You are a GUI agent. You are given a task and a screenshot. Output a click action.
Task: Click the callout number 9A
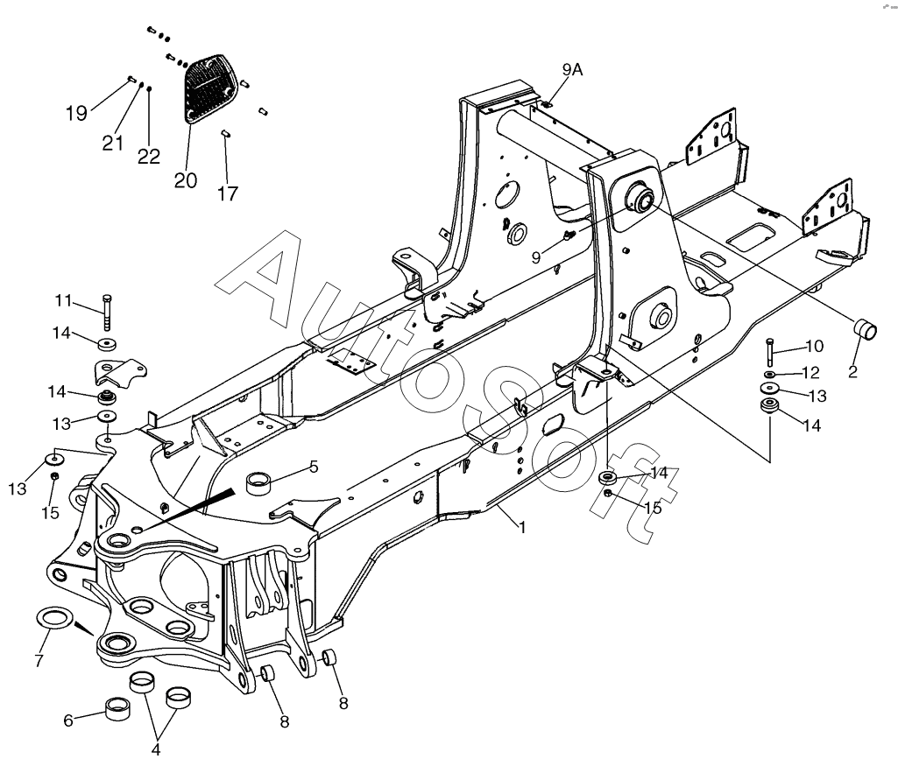pos(572,70)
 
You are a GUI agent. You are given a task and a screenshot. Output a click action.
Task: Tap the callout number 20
pos(186,180)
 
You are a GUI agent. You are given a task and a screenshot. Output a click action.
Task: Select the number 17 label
pos(228,194)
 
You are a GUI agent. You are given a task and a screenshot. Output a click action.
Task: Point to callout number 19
pos(77,113)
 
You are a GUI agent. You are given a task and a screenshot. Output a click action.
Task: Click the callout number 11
pos(63,300)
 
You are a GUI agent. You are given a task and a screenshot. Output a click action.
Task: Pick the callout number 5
pos(314,467)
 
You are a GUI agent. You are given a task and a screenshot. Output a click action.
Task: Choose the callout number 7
pos(39,661)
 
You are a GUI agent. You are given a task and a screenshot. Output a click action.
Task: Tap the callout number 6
pos(68,720)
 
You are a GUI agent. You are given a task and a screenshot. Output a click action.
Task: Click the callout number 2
pos(852,372)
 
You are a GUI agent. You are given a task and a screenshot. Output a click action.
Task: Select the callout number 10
pos(815,346)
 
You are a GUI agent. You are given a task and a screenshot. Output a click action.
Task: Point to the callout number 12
pos(811,372)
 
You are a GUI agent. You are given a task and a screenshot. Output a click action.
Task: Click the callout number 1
pos(522,527)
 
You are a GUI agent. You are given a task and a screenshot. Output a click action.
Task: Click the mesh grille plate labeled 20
pos(209,88)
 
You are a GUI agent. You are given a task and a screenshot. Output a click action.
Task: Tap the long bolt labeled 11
pos(108,313)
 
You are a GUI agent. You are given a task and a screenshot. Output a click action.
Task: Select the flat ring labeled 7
pos(55,619)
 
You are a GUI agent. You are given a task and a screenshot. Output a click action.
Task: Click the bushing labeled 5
pos(258,482)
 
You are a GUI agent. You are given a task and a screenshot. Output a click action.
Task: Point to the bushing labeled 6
pos(117,709)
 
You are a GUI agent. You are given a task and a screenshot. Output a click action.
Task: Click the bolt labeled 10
pos(770,353)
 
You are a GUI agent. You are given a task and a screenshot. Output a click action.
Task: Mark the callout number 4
pos(156,750)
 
